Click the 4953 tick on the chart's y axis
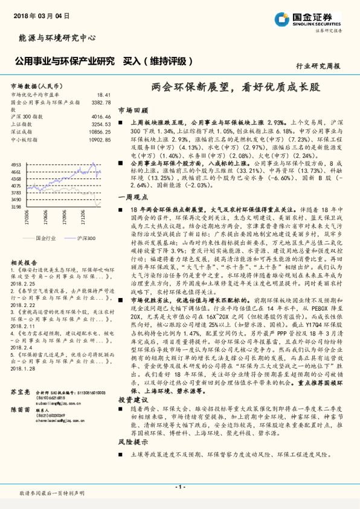16,164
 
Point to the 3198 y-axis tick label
16,207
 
